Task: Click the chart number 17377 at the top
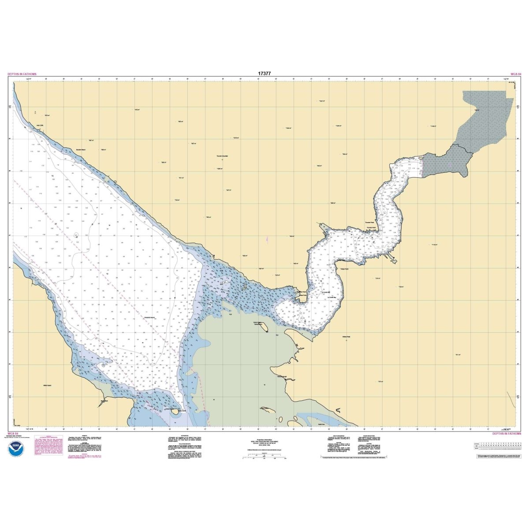tap(264, 74)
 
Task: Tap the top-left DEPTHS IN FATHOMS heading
tap(22, 74)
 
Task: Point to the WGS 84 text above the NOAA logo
tap(13, 433)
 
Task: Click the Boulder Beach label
tap(82, 150)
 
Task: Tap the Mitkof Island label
tap(47, 385)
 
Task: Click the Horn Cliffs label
tap(40, 125)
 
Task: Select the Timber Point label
tap(344, 268)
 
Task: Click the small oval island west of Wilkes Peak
tap(263, 328)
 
